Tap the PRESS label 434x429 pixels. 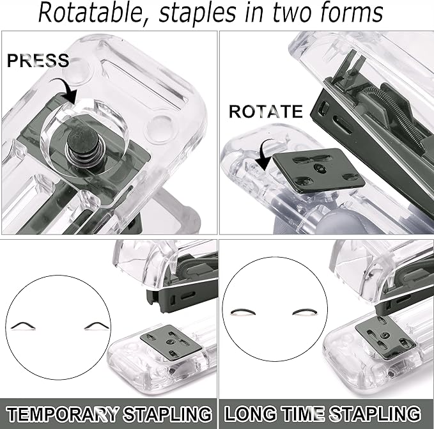(x=38, y=61)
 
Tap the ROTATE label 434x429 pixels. (x=265, y=112)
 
